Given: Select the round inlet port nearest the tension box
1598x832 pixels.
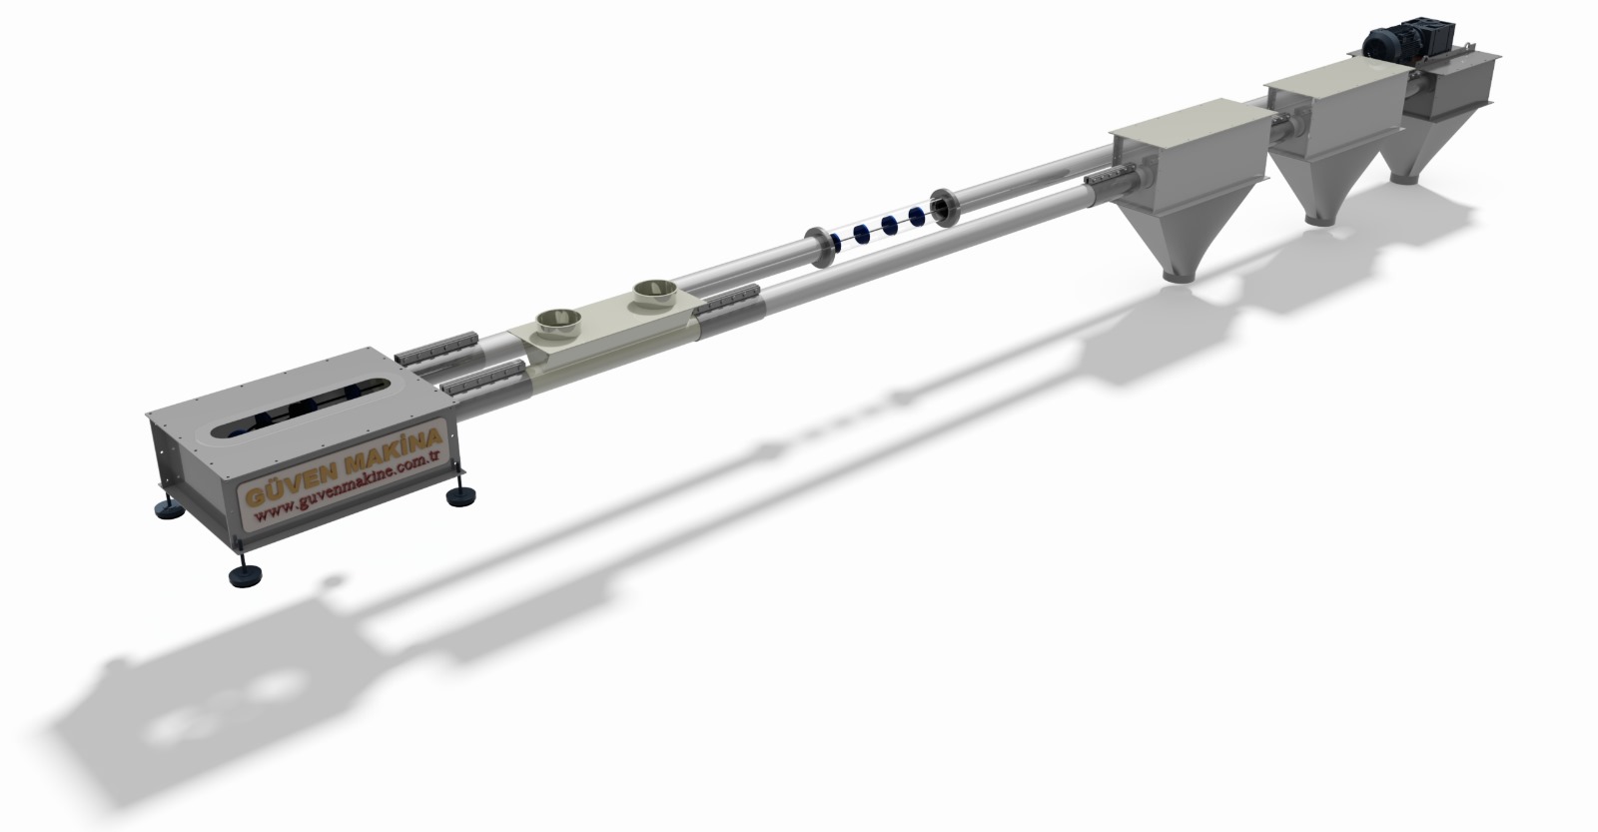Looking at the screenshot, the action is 558,325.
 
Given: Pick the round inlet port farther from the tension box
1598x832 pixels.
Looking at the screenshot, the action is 655,294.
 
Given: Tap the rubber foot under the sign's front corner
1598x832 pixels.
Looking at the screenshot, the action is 245,573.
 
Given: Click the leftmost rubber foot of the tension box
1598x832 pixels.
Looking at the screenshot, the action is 169,509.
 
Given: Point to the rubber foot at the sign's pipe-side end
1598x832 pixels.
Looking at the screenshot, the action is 461,496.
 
